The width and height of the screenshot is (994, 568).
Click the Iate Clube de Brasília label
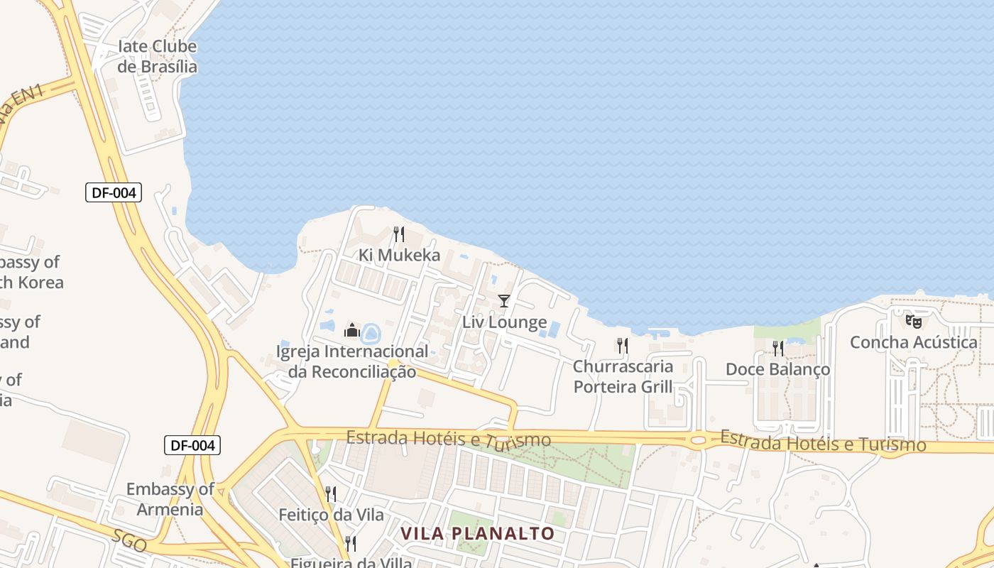click(157, 57)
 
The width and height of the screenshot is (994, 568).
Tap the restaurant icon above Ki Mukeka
click(399, 234)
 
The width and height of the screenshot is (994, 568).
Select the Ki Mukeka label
click(399, 255)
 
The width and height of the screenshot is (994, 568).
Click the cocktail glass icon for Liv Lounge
click(504, 301)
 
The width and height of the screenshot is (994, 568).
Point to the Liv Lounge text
click(504, 322)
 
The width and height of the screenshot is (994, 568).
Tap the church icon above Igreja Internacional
click(352, 330)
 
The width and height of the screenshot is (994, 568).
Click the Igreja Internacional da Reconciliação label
click(352, 361)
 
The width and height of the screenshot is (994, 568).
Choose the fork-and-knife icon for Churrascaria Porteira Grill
click(623, 346)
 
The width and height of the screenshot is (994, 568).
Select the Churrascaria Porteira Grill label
click(623, 376)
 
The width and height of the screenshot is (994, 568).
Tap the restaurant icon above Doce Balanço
click(778, 348)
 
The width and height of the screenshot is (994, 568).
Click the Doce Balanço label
click(777, 369)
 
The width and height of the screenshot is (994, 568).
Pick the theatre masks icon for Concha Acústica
click(914, 321)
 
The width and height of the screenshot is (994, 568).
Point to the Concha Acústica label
click(914, 342)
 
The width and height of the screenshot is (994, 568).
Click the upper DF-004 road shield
click(114, 192)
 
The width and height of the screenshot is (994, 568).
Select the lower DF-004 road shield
click(192, 445)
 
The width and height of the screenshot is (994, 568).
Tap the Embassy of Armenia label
click(170, 499)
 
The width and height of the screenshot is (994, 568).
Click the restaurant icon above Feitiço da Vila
click(331, 493)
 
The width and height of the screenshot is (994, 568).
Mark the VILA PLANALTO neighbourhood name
click(477, 533)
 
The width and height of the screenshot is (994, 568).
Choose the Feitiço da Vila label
click(331, 515)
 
